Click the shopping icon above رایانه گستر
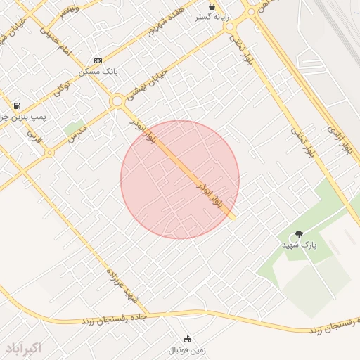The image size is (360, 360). pos(212,6)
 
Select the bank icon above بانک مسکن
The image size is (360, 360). pos(98,61)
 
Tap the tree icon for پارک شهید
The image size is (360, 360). pos(300,234)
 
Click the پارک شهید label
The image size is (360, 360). pos(300,245)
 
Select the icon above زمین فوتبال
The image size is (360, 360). pos(187,339)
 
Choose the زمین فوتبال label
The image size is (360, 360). pos(187,349)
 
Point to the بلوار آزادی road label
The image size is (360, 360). pos(337,138)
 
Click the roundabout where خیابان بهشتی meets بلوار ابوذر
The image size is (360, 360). pos(117,101)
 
